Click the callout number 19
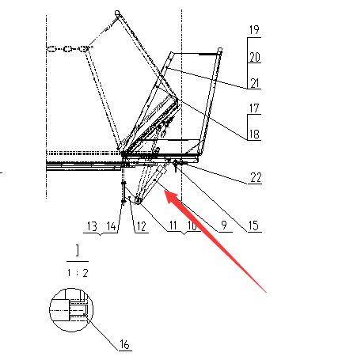254,30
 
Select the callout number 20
255,57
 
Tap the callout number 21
255,83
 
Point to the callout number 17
254,108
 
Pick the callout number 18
254,135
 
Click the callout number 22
256,177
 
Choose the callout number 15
253,225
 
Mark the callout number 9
224,225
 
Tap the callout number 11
173,225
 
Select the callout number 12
142,226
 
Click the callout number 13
92,226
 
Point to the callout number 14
112,226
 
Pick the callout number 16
124,344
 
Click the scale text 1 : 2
78,273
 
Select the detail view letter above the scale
78,251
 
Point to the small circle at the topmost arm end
117,13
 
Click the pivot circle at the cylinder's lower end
138,201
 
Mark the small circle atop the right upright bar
220,50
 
